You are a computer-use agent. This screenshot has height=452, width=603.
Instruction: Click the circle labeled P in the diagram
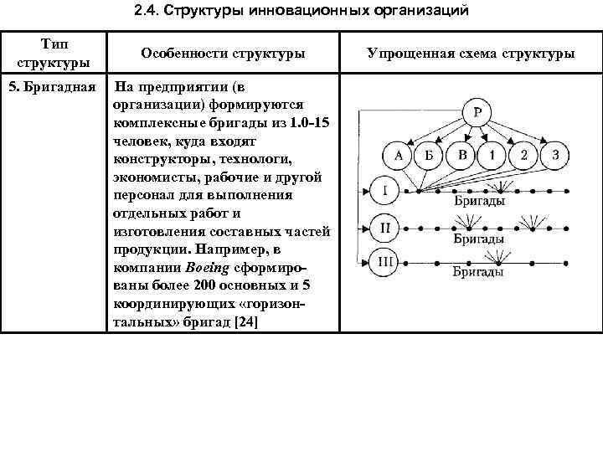pyautogui.click(x=477, y=113)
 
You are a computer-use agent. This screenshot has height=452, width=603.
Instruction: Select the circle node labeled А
pyautogui.click(x=398, y=156)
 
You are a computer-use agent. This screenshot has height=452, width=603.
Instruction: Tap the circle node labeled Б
pyautogui.click(x=429, y=156)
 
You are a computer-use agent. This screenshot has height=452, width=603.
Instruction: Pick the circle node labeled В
pyautogui.click(x=461, y=156)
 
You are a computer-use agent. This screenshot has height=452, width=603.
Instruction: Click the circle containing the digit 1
pyautogui.click(x=492, y=156)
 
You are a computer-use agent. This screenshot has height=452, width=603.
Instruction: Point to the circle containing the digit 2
pyautogui.click(x=523, y=156)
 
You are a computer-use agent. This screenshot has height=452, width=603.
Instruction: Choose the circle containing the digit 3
pyautogui.click(x=554, y=156)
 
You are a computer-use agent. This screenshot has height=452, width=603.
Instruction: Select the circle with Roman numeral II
pyautogui.click(x=384, y=226)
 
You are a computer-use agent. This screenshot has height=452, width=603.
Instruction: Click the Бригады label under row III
pyautogui.click(x=478, y=272)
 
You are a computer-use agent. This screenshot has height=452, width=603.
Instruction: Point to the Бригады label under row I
pyautogui.click(x=478, y=203)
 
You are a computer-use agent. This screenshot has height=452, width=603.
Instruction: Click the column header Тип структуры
pyautogui.click(x=54, y=53)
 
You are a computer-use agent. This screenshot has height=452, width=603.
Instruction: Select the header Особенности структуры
pyautogui.click(x=223, y=53)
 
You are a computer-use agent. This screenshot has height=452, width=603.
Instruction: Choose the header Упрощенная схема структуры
pyautogui.click(x=471, y=53)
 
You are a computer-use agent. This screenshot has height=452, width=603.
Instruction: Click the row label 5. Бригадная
pyautogui.click(x=53, y=87)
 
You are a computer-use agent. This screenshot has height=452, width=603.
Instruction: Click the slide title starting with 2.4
pyautogui.click(x=301, y=12)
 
